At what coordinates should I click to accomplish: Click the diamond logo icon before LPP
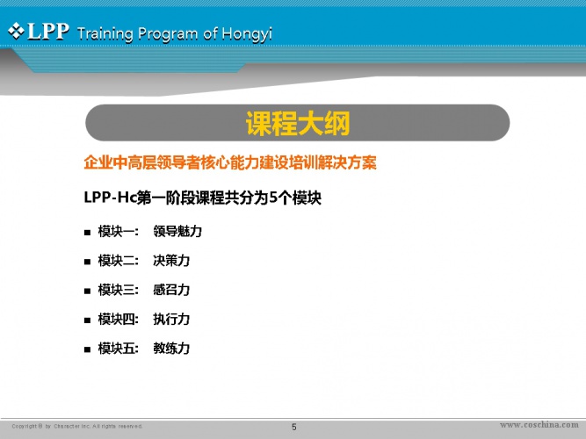point(16,31)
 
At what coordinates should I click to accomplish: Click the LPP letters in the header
point(48,31)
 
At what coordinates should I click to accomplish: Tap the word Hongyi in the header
point(247,34)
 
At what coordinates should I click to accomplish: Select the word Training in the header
point(105,34)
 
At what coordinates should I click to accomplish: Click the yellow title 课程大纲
point(298,123)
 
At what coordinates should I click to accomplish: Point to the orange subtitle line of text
point(230,162)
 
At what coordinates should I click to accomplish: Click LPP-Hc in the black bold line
point(110,198)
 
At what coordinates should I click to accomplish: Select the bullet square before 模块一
point(88,233)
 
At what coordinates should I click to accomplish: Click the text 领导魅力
point(177,231)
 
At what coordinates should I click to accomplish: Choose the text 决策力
point(171,261)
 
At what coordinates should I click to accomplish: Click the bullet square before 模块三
point(88,291)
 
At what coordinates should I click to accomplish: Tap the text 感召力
point(171,290)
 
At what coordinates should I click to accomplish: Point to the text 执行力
point(171,319)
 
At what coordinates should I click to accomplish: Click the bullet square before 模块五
point(88,349)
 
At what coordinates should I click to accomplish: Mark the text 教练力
point(171,349)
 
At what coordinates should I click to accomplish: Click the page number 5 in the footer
point(294,427)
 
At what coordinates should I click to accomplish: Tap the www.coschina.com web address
point(539,425)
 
